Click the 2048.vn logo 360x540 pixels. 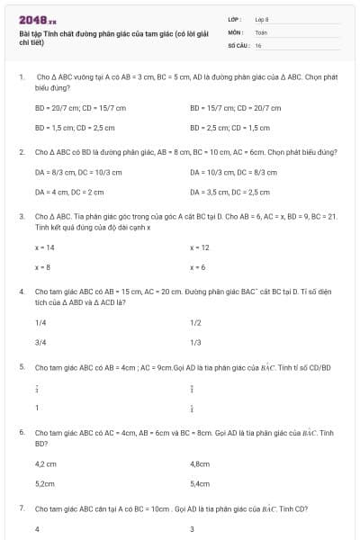(x=37, y=19)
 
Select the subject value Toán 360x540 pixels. (x=261, y=31)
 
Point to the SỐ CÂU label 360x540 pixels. (x=237, y=44)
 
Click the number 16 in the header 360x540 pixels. (x=258, y=44)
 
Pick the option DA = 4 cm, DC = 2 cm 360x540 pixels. (x=69, y=192)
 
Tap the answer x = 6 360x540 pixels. (x=198, y=267)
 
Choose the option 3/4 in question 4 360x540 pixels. (x=40, y=342)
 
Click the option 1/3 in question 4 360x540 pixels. (x=195, y=342)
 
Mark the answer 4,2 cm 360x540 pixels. (x=46, y=464)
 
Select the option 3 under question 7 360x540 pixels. (x=193, y=529)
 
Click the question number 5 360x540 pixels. (x=22, y=367)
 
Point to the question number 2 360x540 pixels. (x=22, y=152)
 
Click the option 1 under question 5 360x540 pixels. (x=37, y=408)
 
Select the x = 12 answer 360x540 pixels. (x=200, y=247)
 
